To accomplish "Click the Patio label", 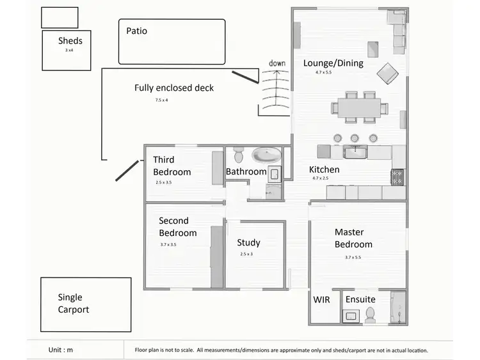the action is [136, 31].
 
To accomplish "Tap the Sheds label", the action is [70, 42].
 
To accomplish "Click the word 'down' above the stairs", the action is [277, 63].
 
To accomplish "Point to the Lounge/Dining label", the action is [333, 63].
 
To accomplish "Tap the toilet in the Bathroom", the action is [239, 154].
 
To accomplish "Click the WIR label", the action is [321, 299].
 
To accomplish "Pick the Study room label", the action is [248, 243].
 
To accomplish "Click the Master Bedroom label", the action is [353, 238].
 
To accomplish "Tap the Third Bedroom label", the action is [172, 166].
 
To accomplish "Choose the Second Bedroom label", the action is [177, 227].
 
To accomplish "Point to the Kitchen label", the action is [324, 170].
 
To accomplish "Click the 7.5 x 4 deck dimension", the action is [161, 100].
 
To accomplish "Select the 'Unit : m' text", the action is [61, 350].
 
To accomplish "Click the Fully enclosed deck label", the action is [174, 88].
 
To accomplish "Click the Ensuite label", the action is [360, 299].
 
